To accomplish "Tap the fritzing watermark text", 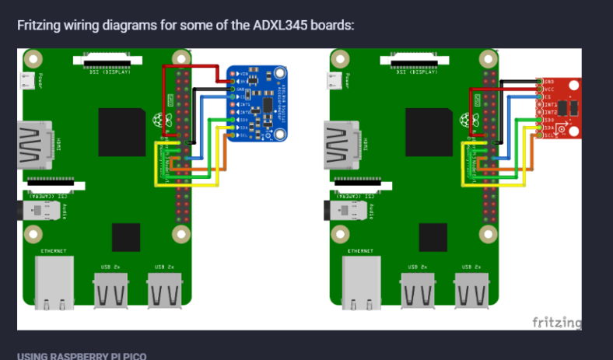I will click(x=556, y=322).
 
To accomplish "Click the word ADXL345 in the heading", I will click(x=282, y=25).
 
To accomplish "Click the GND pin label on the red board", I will click(x=549, y=82).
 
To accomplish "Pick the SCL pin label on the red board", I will click(x=549, y=135).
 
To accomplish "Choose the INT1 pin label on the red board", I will click(x=550, y=104).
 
